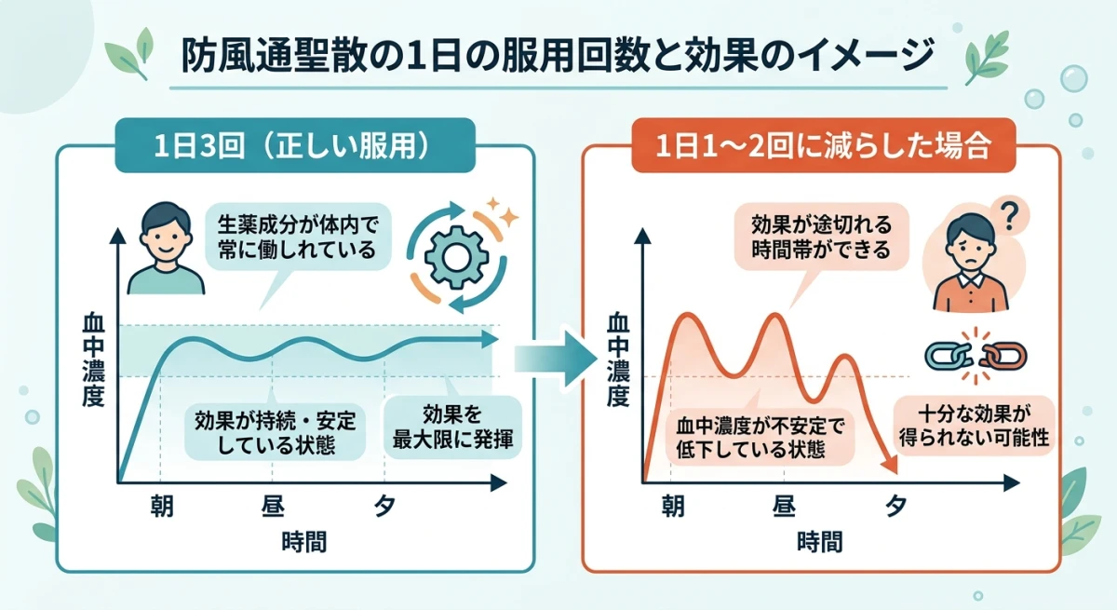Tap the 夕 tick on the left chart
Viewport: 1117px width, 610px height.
pos(384,507)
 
